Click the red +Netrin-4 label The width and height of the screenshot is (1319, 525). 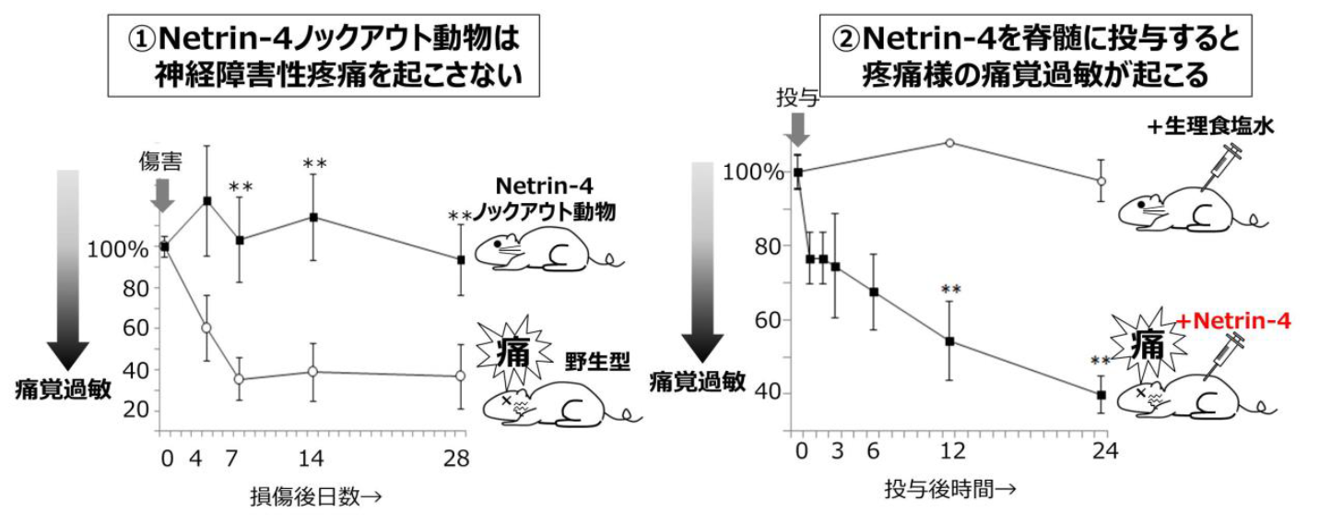pos(1234,321)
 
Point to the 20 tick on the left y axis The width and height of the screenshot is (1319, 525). pos(135,410)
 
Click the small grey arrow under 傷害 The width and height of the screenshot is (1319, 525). pos(162,195)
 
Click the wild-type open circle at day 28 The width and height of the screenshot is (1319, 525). pos(460,376)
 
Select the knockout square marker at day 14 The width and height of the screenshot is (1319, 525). pos(313,217)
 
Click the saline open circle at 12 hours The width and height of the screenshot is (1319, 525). pos(949,143)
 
